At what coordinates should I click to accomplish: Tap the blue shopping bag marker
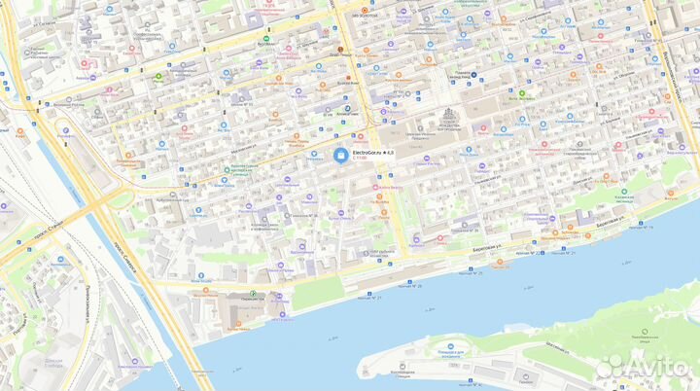340,155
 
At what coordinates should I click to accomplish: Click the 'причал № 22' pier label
552,252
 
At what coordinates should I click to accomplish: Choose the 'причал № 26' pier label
408,286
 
